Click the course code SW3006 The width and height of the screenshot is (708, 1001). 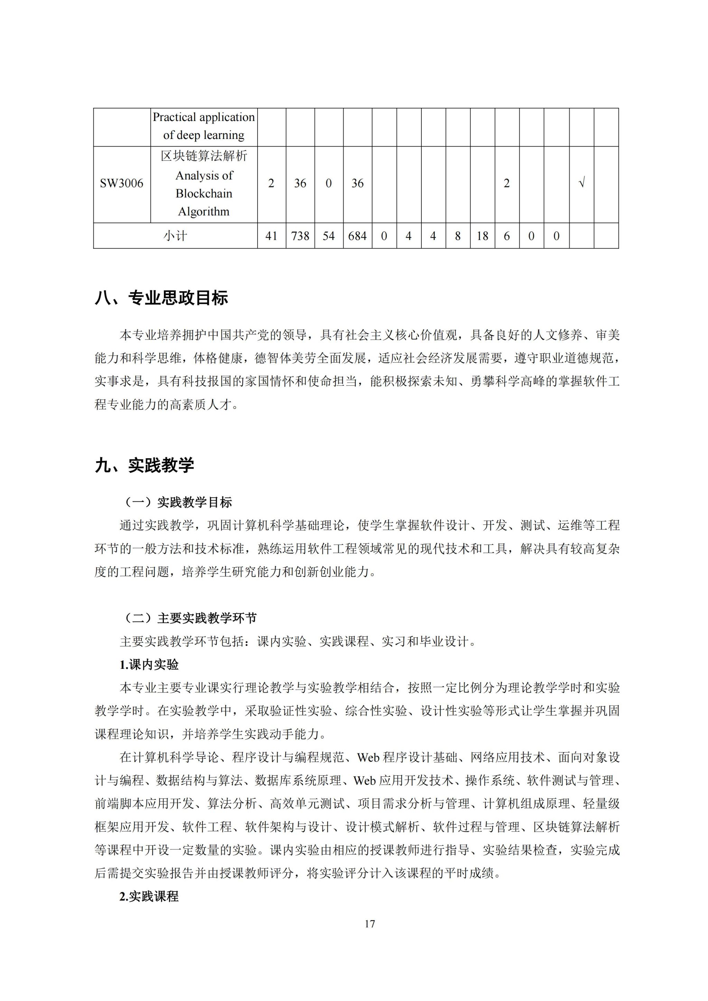tap(122, 184)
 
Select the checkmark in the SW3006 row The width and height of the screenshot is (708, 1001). tap(581, 184)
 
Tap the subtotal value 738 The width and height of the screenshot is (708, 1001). tap(300, 236)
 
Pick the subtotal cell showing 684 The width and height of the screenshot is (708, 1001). tap(357, 236)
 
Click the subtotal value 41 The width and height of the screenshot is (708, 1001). tap(271, 236)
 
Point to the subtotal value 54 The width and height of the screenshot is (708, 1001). tap(329, 236)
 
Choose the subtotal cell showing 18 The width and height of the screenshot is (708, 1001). tap(482, 236)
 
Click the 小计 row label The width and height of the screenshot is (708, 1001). tap(175, 236)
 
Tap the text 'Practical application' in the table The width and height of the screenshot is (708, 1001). tap(204, 117)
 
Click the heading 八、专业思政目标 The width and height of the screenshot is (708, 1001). tap(161, 298)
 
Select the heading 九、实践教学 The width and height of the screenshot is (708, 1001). tap(144, 466)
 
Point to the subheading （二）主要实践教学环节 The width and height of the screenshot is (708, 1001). tap(188, 618)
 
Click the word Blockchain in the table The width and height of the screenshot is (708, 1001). tap(204, 194)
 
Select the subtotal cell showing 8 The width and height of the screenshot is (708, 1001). tap(458, 236)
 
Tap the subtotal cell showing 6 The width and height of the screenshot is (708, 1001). tap(506, 236)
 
